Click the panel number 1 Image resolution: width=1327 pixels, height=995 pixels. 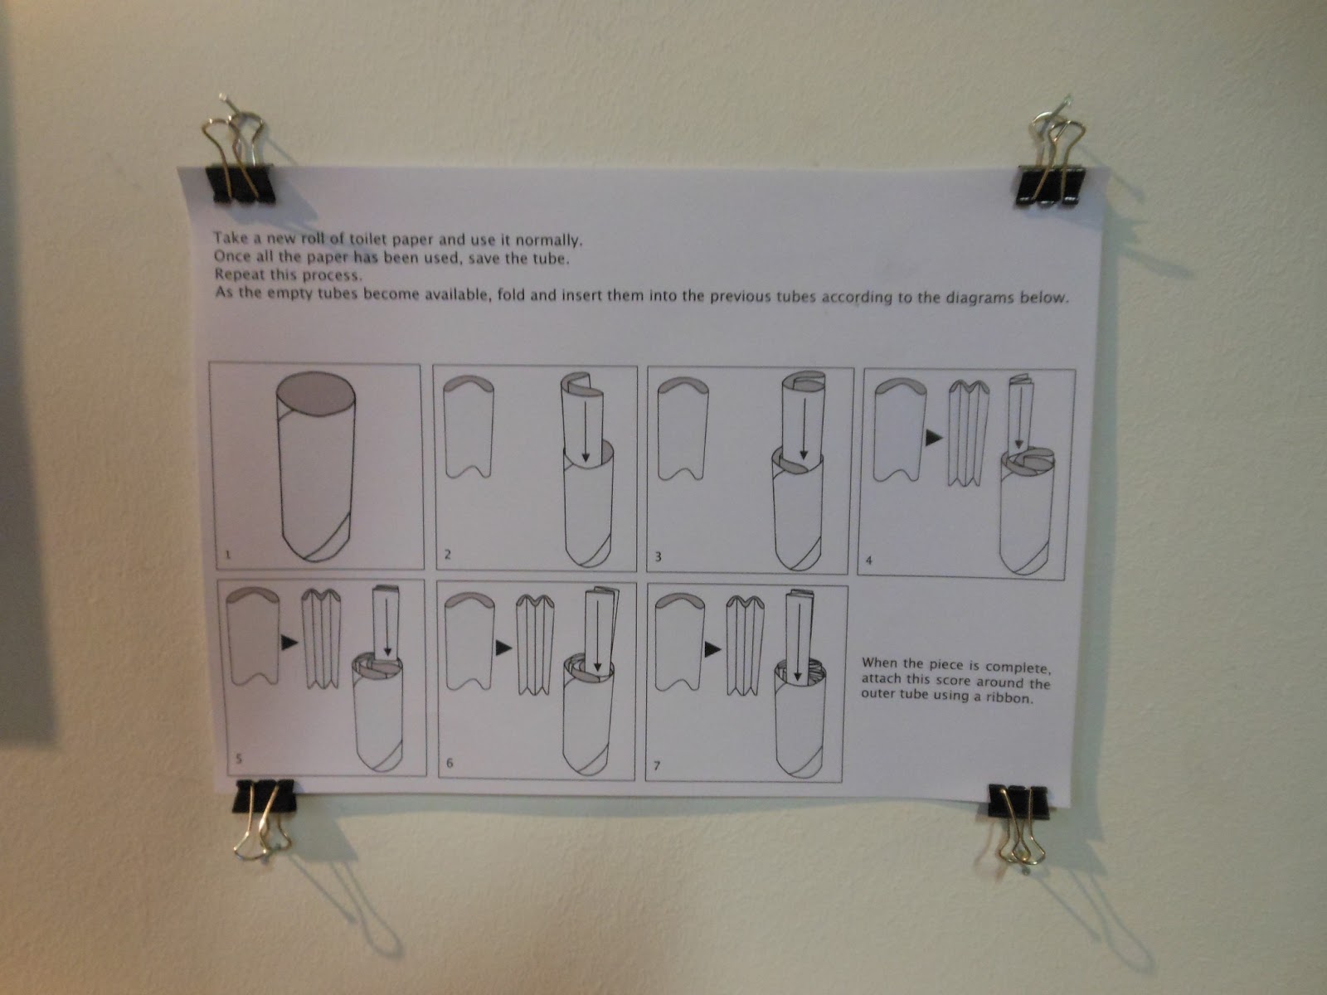coord(227,554)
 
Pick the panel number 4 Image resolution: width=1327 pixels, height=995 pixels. coord(868,560)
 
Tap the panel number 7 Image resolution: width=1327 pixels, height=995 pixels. coord(657,765)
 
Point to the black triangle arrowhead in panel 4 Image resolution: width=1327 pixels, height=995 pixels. coord(933,437)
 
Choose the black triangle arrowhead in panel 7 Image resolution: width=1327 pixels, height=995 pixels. coord(712,649)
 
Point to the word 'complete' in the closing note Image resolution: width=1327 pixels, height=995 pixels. coord(1017,668)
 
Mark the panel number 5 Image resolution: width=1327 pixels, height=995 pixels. coord(238,758)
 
